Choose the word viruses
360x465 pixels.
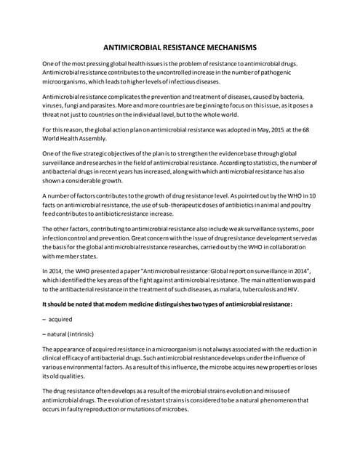56,106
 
